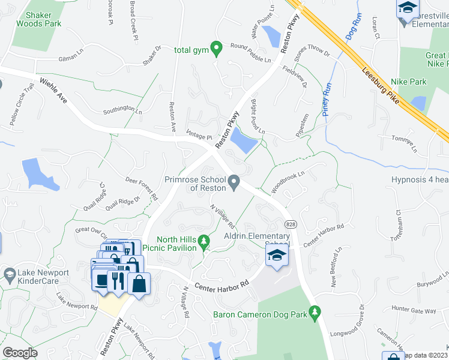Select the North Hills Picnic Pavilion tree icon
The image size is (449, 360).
click(204, 242)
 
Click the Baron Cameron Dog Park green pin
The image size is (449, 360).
click(314, 313)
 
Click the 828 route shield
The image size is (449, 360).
click(289, 224)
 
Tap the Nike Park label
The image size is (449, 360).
click(408, 82)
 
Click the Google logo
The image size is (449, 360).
click(20, 353)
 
